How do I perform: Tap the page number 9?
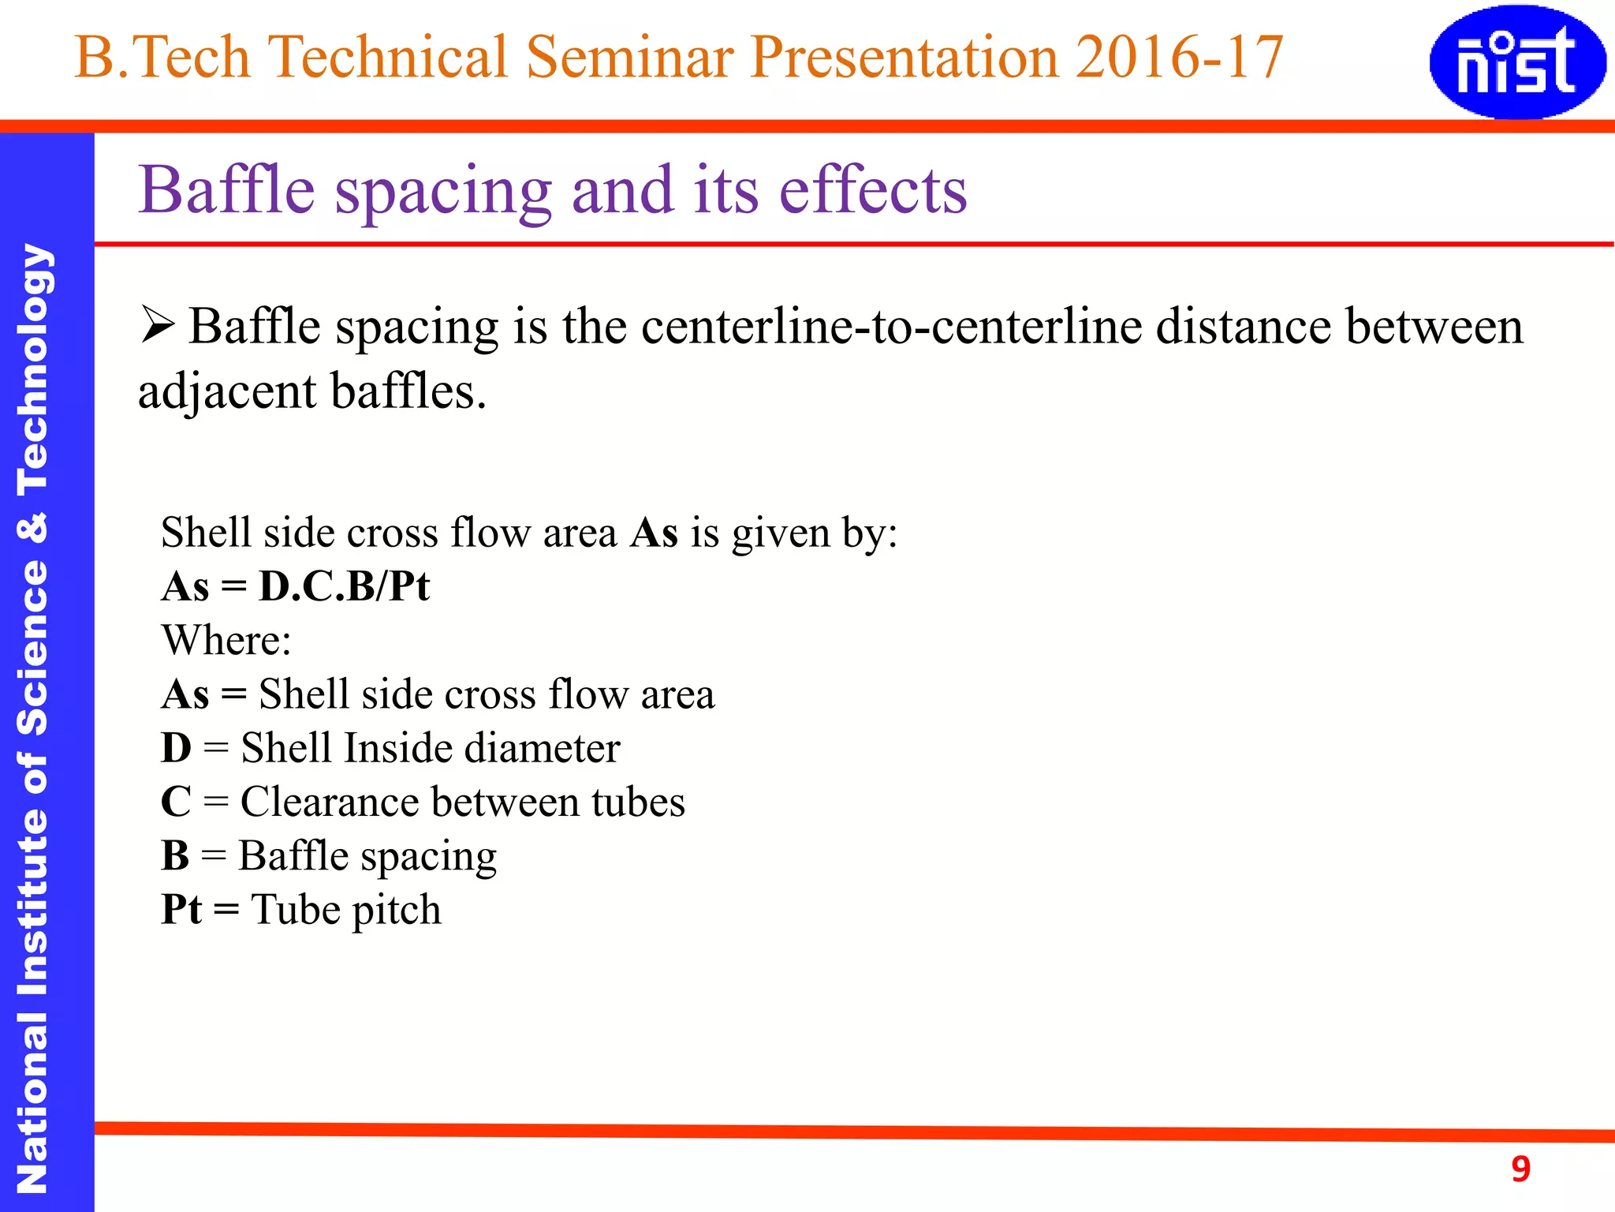1520,1169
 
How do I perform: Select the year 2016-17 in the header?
1180,57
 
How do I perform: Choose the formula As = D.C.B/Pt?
296,586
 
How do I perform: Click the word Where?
226,640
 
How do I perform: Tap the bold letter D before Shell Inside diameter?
176,748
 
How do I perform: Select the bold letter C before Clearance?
176,802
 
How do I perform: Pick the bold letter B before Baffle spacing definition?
175,855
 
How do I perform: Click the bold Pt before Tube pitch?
181,909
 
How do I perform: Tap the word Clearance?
329,802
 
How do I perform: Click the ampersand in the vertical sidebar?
33,527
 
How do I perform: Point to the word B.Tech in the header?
162,57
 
